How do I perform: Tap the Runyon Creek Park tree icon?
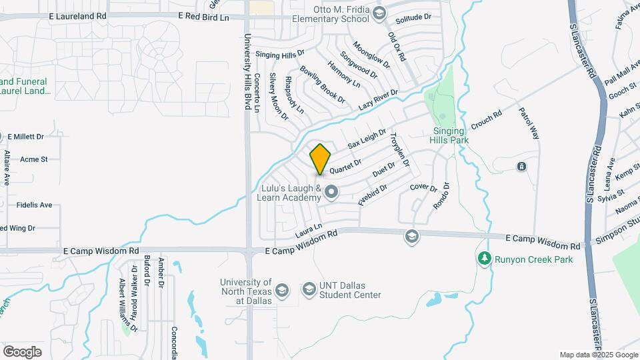[x=485, y=257]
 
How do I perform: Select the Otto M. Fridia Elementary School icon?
[x=379, y=13]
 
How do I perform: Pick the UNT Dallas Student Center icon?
[x=309, y=289]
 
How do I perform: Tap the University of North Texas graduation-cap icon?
[x=282, y=289]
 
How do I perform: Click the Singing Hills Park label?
[x=451, y=135]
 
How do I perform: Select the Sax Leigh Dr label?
[x=367, y=139]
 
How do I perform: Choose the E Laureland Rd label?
[x=77, y=15]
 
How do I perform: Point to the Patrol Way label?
[x=528, y=123]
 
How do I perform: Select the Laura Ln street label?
[x=309, y=230]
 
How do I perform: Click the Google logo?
[x=22, y=351]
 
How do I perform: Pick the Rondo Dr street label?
[x=442, y=196]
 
